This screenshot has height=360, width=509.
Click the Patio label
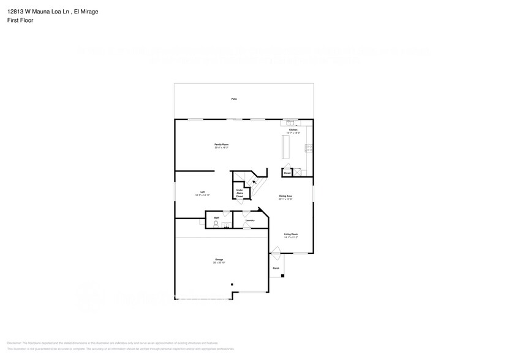(234, 99)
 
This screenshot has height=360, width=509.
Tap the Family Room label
(221, 146)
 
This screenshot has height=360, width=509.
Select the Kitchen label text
(293, 131)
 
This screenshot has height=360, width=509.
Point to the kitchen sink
(290, 122)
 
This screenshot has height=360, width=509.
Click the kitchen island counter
(285, 147)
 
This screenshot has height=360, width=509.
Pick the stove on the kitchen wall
(309, 148)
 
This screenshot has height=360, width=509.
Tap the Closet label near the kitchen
(287, 173)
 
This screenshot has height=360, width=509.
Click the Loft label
(203, 193)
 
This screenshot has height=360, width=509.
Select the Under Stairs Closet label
(239, 193)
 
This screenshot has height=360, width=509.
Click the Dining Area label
(285, 197)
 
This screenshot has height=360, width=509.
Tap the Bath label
(216, 217)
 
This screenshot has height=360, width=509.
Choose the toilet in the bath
(215, 224)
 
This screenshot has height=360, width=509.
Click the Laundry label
(250, 220)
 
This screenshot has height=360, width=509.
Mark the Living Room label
(290, 235)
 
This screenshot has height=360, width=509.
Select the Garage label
(219, 260)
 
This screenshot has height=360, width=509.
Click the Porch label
(276, 268)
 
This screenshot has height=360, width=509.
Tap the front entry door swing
(276, 252)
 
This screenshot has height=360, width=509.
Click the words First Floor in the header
(21, 20)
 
